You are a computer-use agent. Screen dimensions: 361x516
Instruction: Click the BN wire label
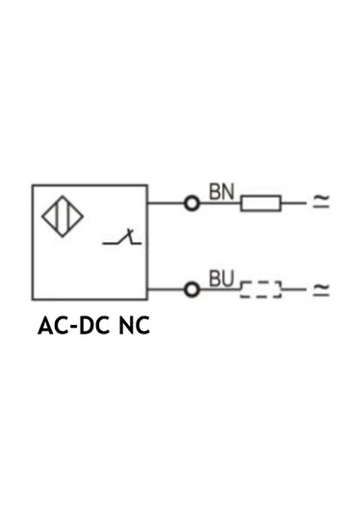click(221, 191)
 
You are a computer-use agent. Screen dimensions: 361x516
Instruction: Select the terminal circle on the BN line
click(192, 204)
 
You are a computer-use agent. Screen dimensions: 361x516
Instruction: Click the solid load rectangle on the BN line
click(260, 204)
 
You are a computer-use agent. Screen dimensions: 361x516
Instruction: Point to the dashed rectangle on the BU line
click(261, 288)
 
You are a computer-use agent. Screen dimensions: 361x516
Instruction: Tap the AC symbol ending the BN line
click(322, 204)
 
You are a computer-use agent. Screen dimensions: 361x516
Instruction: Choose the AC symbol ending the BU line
click(322, 288)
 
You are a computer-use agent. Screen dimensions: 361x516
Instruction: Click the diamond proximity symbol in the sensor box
click(63, 219)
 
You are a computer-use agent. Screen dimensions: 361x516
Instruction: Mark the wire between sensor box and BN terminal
click(166, 204)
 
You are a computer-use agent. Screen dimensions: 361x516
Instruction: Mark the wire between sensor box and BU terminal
click(166, 288)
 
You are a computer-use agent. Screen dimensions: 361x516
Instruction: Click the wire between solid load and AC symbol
click(294, 204)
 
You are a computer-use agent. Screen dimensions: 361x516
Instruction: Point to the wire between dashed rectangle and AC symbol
click(294, 288)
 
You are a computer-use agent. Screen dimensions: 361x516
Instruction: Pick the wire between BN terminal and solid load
click(219, 204)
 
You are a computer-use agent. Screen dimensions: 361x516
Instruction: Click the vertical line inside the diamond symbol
click(63, 219)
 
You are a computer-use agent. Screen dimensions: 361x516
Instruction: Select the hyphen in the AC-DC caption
click(70, 327)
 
